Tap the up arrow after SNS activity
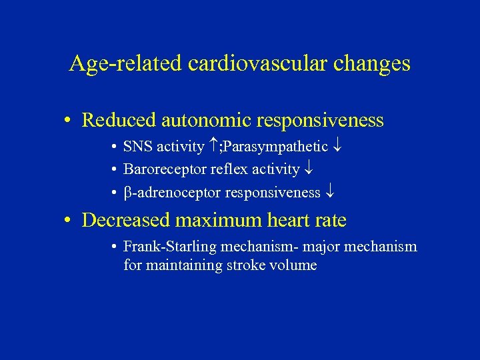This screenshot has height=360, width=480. click(x=213, y=146)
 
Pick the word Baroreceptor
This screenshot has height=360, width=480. click(x=165, y=170)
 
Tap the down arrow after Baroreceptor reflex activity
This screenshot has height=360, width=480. click(x=309, y=170)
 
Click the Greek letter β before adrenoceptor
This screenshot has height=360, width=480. click(x=128, y=193)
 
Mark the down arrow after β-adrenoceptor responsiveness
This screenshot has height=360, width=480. click(x=330, y=193)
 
